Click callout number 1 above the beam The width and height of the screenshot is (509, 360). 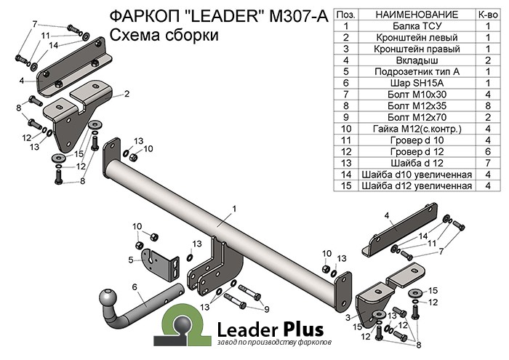(x=235, y=209)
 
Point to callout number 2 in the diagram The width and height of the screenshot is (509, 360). (x=127, y=94)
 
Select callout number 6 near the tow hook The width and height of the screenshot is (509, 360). (x=135, y=287)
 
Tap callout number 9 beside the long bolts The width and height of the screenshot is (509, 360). (x=257, y=308)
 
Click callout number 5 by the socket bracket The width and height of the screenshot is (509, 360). (x=130, y=260)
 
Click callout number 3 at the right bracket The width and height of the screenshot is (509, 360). (x=348, y=318)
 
